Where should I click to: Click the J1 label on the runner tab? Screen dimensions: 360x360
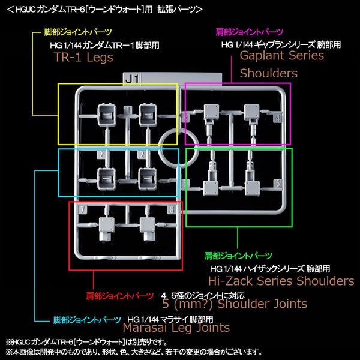click(x=132, y=79)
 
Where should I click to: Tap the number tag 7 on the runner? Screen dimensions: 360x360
click(x=83, y=209)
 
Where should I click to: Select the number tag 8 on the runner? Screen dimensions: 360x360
click(x=172, y=209)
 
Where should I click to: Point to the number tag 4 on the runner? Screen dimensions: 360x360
click(x=278, y=118)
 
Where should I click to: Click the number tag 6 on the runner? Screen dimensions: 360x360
click(x=278, y=184)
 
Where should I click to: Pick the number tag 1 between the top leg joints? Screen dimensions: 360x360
click(x=128, y=110)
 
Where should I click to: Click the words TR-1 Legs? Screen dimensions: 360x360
click(x=83, y=57)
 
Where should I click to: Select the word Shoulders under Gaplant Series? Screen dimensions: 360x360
click(x=269, y=73)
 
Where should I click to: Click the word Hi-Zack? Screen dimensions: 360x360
click(x=230, y=281)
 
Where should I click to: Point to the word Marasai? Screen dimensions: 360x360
click(x=145, y=328)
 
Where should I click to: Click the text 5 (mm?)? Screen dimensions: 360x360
click(x=187, y=304)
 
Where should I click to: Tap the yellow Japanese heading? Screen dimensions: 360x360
click(x=78, y=32)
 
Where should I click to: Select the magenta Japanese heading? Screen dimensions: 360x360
click(x=250, y=32)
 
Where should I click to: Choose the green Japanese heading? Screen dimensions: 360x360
click(x=238, y=256)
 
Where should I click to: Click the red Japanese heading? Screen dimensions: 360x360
click(x=119, y=296)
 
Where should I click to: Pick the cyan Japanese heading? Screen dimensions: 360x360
click(x=87, y=320)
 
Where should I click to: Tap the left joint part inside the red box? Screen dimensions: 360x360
click(x=107, y=229)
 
